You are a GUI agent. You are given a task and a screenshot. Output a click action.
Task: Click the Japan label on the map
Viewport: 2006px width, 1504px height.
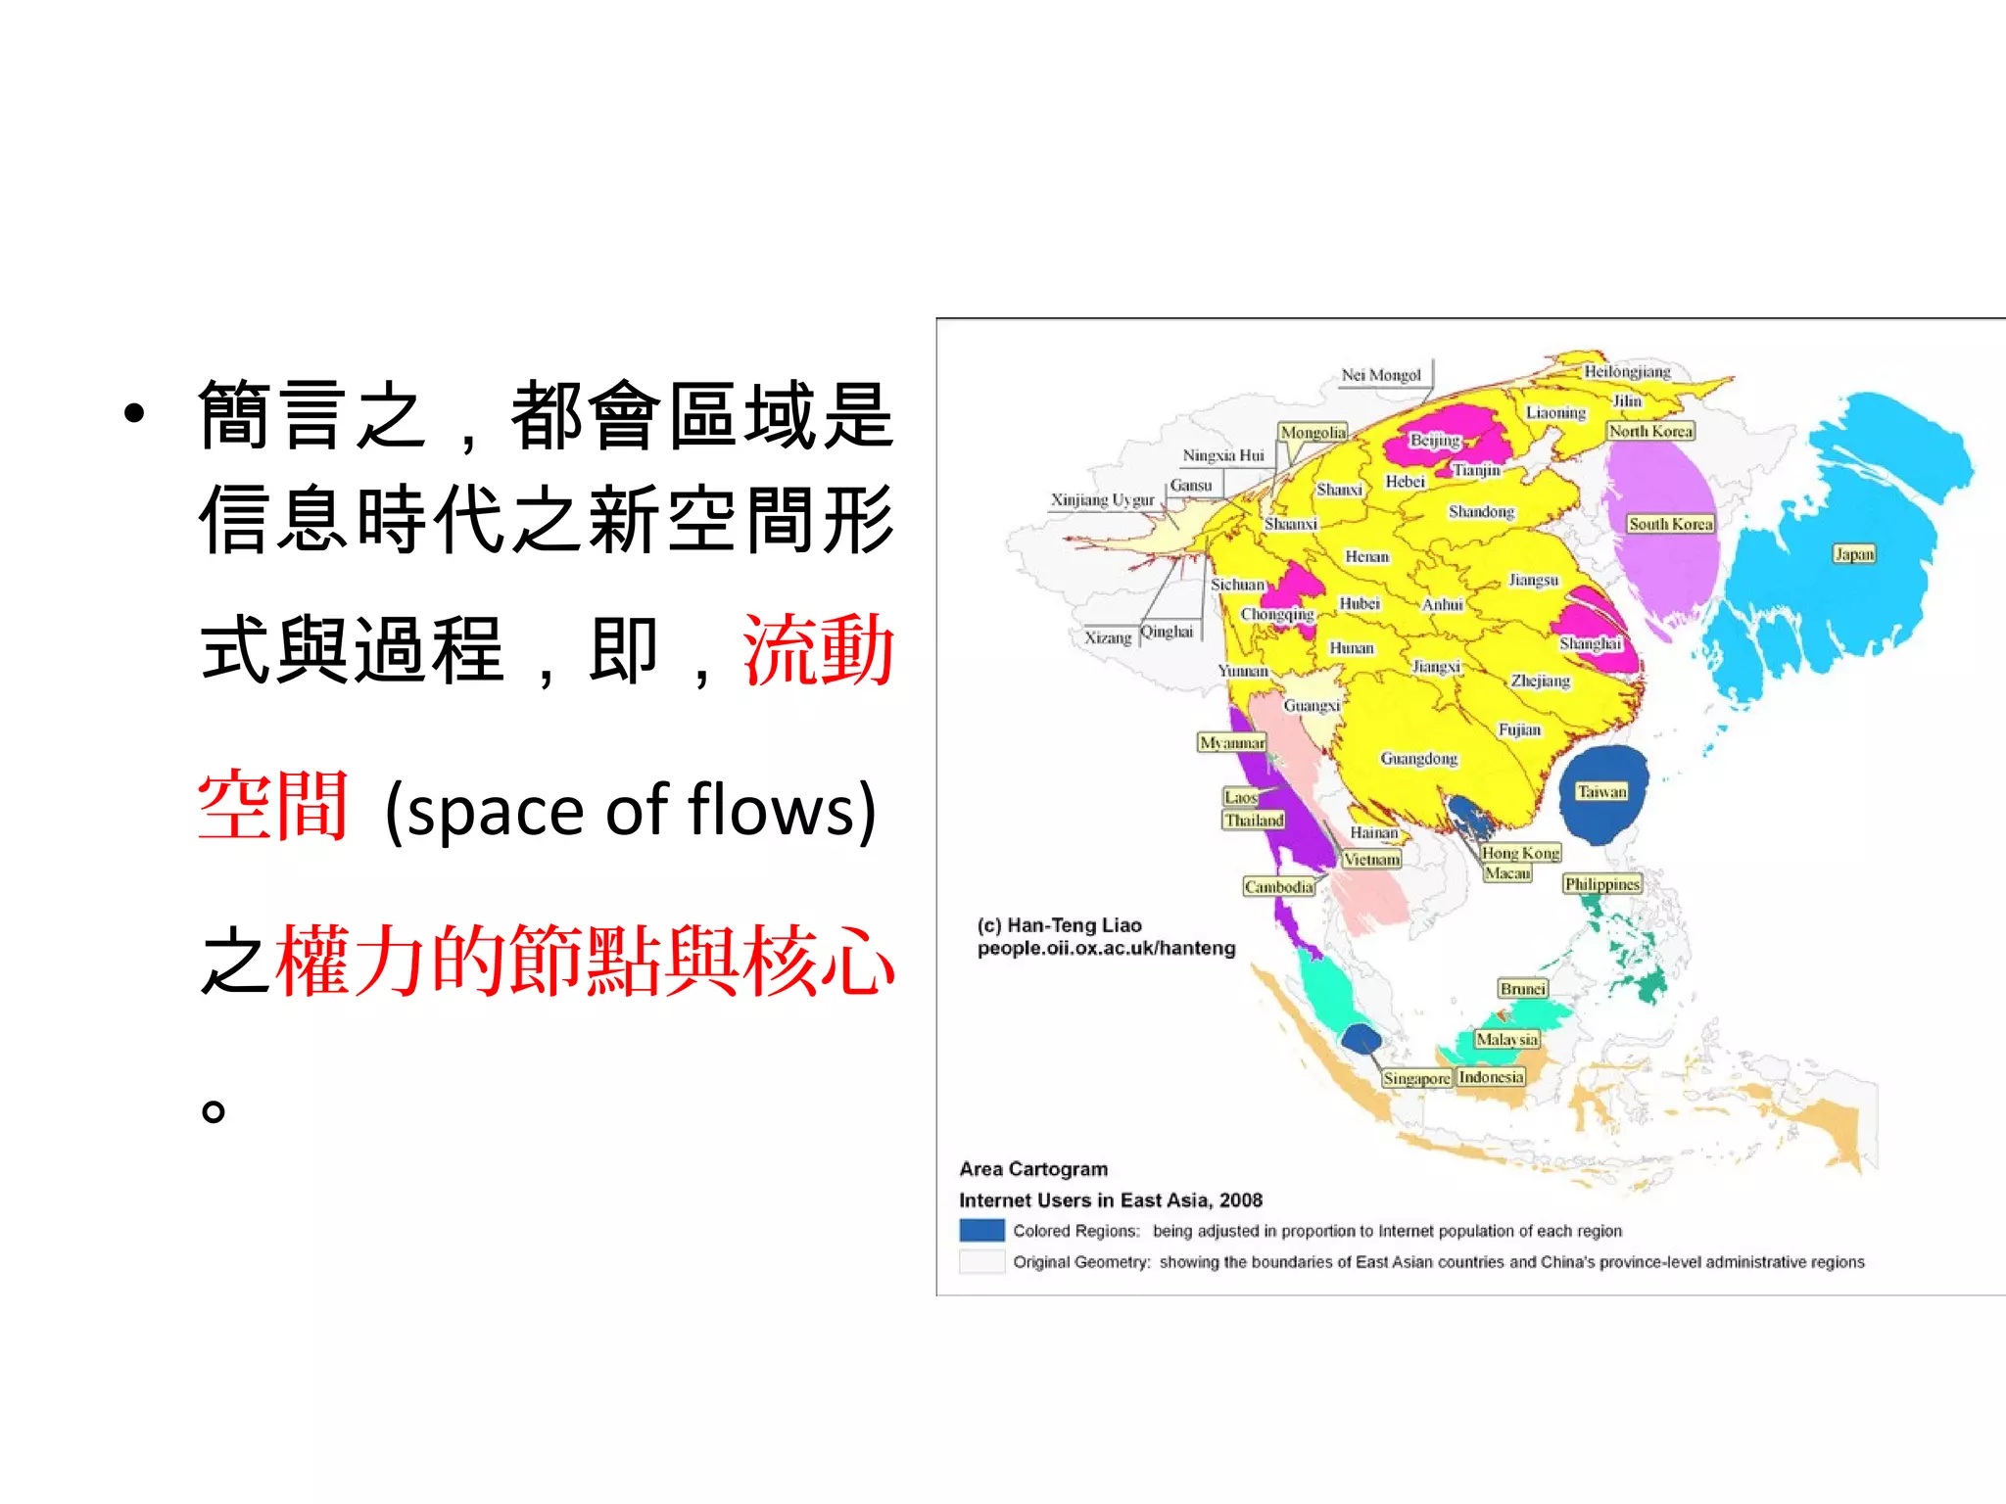click(1853, 554)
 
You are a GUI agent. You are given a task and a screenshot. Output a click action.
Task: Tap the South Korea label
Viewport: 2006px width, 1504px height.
click(1670, 524)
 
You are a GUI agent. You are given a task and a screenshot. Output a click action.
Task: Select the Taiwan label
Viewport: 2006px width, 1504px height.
click(1601, 791)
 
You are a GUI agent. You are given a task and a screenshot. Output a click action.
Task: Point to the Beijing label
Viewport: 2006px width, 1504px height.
click(1435, 440)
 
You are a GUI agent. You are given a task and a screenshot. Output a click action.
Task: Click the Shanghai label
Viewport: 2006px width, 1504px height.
click(1590, 643)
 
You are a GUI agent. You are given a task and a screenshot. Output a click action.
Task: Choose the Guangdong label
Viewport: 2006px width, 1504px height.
click(1418, 758)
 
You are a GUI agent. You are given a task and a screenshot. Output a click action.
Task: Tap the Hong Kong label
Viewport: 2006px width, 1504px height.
click(1520, 853)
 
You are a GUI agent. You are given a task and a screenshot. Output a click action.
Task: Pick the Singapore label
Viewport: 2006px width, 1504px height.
click(1416, 1078)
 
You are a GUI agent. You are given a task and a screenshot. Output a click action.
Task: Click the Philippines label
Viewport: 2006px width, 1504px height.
click(1601, 884)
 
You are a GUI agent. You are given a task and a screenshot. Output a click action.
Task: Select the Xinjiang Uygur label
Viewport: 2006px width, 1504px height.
click(1102, 500)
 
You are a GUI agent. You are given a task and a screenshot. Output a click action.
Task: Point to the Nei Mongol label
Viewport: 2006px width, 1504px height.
click(1381, 375)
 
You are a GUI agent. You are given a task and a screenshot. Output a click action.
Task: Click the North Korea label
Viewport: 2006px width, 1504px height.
click(1650, 431)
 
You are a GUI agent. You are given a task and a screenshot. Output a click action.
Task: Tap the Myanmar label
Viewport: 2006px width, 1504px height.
click(1232, 742)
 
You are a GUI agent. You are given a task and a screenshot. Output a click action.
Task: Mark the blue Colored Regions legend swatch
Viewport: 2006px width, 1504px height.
click(981, 1230)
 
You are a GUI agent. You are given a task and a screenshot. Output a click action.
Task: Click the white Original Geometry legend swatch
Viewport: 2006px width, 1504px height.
click(981, 1261)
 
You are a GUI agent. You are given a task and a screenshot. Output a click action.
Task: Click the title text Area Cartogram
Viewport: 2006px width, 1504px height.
click(1033, 1169)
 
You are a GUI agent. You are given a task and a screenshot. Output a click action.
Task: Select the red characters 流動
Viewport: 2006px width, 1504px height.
click(819, 650)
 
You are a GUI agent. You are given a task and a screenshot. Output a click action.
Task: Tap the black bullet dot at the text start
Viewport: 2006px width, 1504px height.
click(134, 413)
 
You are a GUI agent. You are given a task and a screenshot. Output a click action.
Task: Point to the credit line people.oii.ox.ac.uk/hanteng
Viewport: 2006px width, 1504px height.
click(1106, 948)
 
